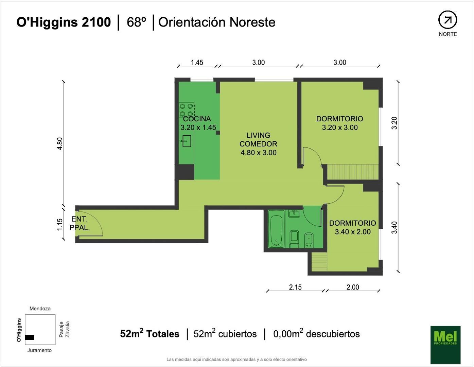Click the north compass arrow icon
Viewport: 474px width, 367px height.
pyautogui.click(x=447, y=20)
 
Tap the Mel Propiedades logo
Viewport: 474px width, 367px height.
pyautogui.click(x=445, y=345)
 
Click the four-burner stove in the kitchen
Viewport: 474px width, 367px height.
pyautogui.click(x=187, y=110)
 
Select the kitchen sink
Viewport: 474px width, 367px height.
pyautogui.click(x=187, y=141)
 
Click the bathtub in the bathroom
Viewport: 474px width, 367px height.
pyautogui.click(x=276, y=229)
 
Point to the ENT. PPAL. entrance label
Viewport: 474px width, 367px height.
pyautogui.click(x=80, y=224)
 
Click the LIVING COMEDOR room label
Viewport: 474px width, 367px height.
pyautogui.click(x=258, y=144)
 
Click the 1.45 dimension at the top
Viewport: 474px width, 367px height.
pyautogui.click(x=197, y=62)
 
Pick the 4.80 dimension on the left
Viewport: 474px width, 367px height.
pyautogui.click(x=60, y=143)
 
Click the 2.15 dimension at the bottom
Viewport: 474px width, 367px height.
pyautogui.click(x=295, y=287)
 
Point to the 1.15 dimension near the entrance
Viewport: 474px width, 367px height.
pyautogui.click(x=60, y=225)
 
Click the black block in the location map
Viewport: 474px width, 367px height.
pyautogui.click(x=30, y=337)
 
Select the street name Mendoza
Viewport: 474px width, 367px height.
pyautogui.click(x=40, y=309)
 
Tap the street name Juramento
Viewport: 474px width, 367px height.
pyautogui.click(x=39, y=350)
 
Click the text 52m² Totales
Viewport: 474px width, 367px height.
pyautogui.click(x=150, y=334)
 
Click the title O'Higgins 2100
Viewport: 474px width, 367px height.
pyautogui.click(x=64, y=22)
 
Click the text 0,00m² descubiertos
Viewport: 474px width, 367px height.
pyautogui.click(x=316, y=334)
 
